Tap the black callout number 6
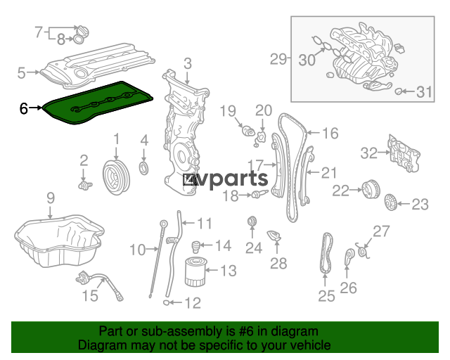point(24,108)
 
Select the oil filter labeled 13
point(195,271)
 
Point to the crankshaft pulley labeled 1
point(116,177)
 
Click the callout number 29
point(278,59)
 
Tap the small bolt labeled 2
point(85,186)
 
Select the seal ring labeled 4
point(144,168)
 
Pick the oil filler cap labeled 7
point(83,31)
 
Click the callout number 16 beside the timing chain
point(330,133)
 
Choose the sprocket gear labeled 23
point(390,202)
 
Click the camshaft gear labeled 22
point(371,189)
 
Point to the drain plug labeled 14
point(195,247)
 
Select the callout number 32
point(369,153)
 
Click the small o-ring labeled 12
point(166,302)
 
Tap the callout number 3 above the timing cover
point(188,63)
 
